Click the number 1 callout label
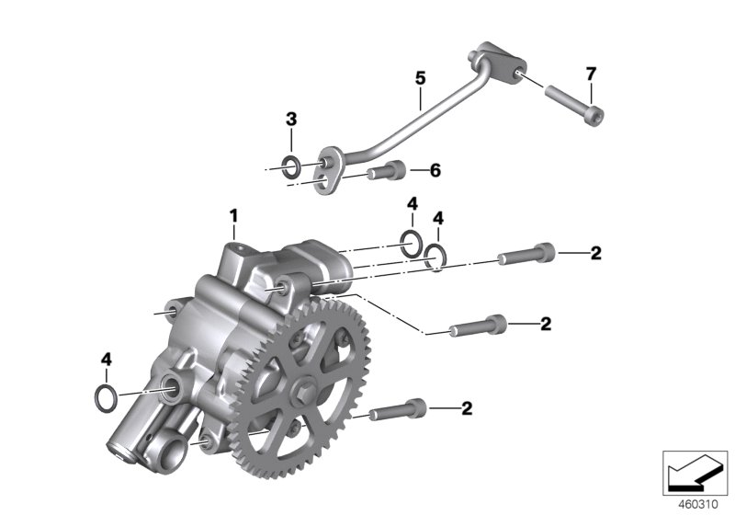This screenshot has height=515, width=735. pyautogui.click(x=233, y=216)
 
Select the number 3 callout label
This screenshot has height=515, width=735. pyautogui.click(x=291, y=120)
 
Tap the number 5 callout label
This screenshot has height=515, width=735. pyautogui.click(x=420, y=79)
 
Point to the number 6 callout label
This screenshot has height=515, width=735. pyautogui.click(x=435, y=170)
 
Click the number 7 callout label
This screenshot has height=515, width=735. pyautogui.click(x=591, y=73)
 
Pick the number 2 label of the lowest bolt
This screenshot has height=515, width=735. pyautogui.click(x=467, y=408)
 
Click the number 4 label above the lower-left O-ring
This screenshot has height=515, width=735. pyautogui.click(x=107, y=360)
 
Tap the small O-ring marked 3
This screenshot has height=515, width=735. pyautogui.click(x=290, y=166)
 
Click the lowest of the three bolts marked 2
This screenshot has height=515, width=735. pyautogui.click(x=401, y=409)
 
